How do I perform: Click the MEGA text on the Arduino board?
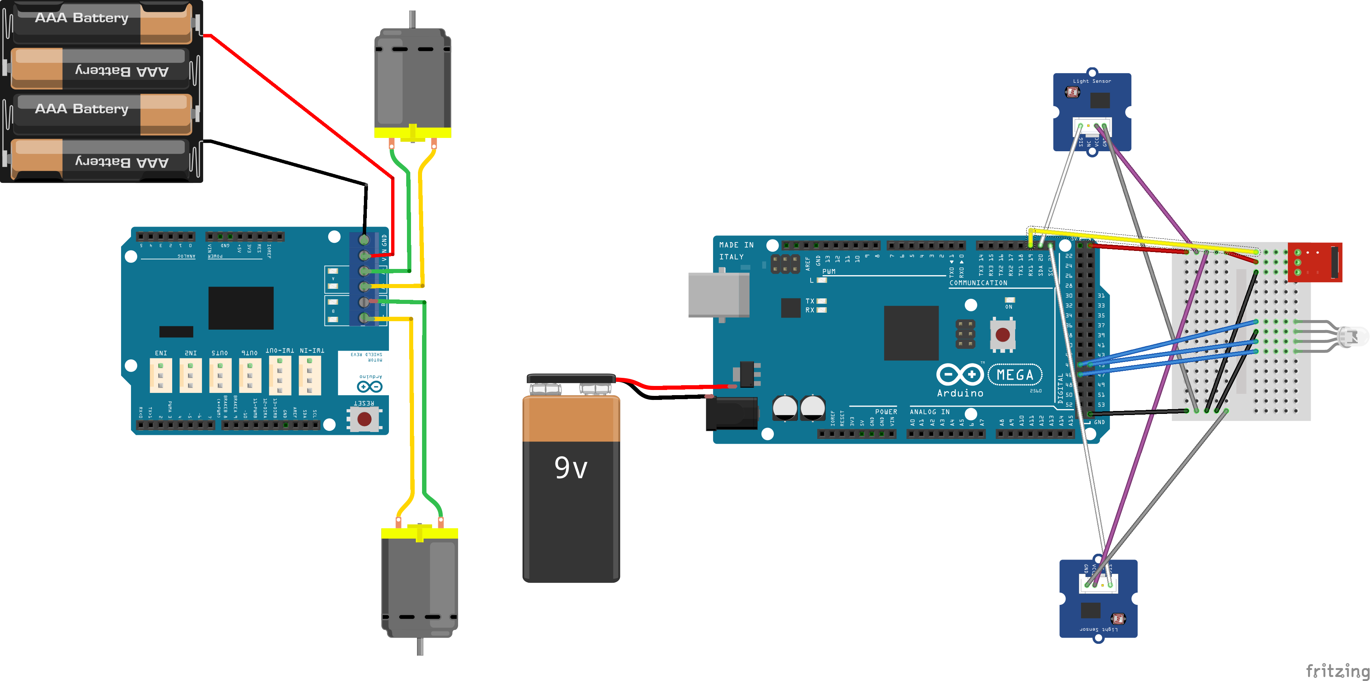pyautogui.click(x=1014, y=375)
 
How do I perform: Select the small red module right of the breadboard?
pyautogui.click(x=1315, y=262)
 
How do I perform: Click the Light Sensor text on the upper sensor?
pyautogui.click(x=1092, y=81)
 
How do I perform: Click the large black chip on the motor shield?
pyautogui.click(x=241, y=308)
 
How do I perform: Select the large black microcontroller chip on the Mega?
pyautogui.click(x=911, y=333)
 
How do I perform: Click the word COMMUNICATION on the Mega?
pyautogui.click(x=978, y=283)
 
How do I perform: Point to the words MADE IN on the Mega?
pyautogui.click(x=736, y=245)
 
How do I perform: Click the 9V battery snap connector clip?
pyautogui.click(x=571, y=379)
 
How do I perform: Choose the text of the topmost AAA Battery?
pyautogui.click(x=81, y=18)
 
